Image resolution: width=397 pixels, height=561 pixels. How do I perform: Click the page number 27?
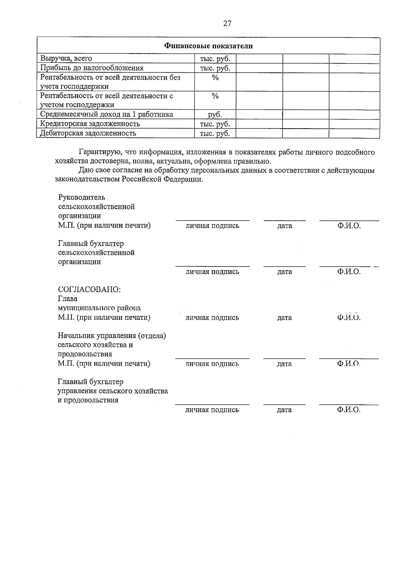coord(227,23)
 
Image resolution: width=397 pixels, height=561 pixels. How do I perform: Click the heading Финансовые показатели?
coord(208,46)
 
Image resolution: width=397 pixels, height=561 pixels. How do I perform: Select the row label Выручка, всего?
coord(66,58)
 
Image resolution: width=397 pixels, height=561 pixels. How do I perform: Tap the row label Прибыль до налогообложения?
coord(92,68)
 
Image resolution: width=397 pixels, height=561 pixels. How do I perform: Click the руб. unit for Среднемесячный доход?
coord(215,115)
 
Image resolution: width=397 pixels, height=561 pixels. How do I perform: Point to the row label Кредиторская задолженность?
coord(90,124)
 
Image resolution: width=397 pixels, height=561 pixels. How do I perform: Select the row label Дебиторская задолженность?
coord(88,133)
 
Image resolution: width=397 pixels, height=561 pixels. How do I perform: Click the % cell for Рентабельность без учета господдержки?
coord(215,78)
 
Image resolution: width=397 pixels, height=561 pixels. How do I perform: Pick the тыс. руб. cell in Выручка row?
coord(215,59)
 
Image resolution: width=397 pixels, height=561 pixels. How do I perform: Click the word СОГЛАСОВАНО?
coord(89,289)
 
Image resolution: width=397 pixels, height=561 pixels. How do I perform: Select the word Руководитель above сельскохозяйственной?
coord(82,197)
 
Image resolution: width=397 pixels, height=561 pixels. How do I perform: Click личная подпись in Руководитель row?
coord(212,226)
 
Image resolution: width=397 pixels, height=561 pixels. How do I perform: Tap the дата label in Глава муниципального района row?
coord(285,318)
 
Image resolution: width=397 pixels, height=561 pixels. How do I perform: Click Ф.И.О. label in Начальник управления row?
coord(349,364)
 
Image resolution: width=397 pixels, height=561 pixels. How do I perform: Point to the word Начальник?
coord(76,336)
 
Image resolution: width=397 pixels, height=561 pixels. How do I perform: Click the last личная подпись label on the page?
coord(212,410)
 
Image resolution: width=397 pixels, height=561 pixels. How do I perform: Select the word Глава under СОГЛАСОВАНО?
coord(68,299)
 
